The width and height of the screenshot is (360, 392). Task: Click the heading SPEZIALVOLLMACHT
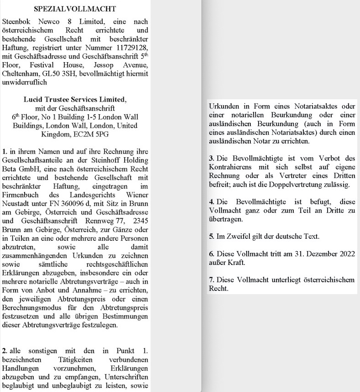coord(75,8)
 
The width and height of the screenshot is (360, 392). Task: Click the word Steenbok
coord(17,21)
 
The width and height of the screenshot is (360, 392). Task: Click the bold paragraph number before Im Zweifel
coord(211,236)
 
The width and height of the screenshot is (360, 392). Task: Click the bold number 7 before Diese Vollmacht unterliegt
coord(211,280)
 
